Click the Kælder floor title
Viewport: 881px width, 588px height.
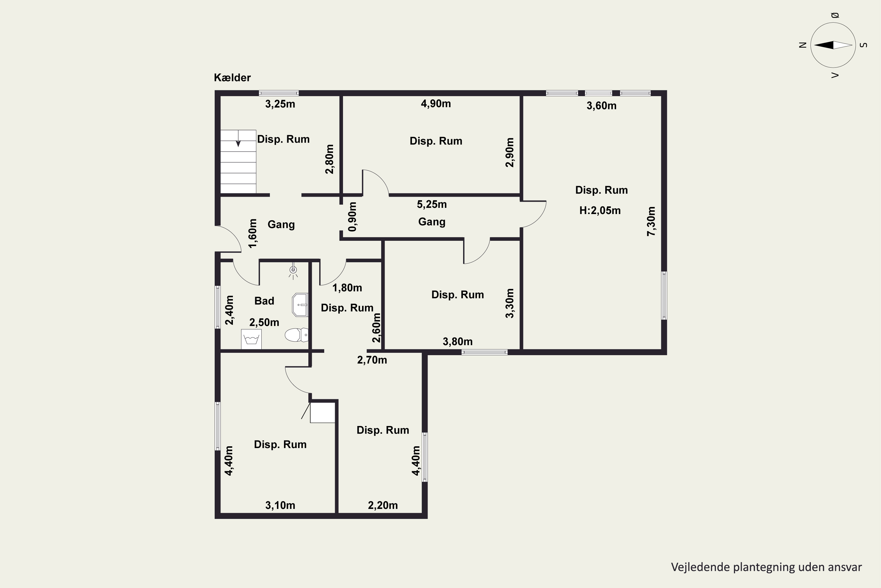(232, 78)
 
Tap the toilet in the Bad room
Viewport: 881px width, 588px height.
(297, 335)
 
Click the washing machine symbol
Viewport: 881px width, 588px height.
(251, 339)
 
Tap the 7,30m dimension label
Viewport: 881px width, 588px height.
(651, 221)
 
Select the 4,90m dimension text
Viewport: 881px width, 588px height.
(436, 103)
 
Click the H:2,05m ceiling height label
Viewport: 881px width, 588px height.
(600, 211)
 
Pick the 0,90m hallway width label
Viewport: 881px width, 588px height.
(352, 217)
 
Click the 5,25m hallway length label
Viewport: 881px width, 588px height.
(432, 204)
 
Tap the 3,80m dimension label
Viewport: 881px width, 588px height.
(458, 342)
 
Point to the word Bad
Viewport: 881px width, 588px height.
(265, 301)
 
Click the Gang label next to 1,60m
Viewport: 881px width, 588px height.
(281, 225)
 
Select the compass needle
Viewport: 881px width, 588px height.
(833, 45)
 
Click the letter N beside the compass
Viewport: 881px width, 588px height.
(803, 45)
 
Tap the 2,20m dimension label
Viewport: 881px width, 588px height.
(383, 505)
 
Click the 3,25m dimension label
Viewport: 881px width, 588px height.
(280, 104)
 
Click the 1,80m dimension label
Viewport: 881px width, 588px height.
(347, 288)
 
